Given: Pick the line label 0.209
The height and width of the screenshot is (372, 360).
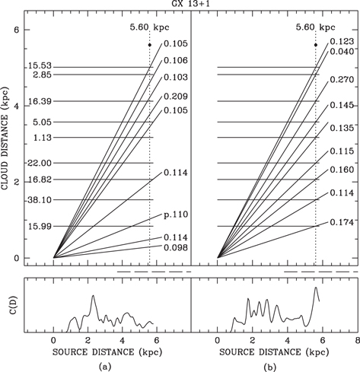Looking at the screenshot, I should [x=175, y=96].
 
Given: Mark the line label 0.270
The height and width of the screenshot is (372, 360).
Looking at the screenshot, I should [x=341, y=79].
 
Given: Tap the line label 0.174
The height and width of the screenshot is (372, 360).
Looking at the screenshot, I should [x=341, y=223].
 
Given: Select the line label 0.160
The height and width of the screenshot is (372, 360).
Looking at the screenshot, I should [x=341, y=170].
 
